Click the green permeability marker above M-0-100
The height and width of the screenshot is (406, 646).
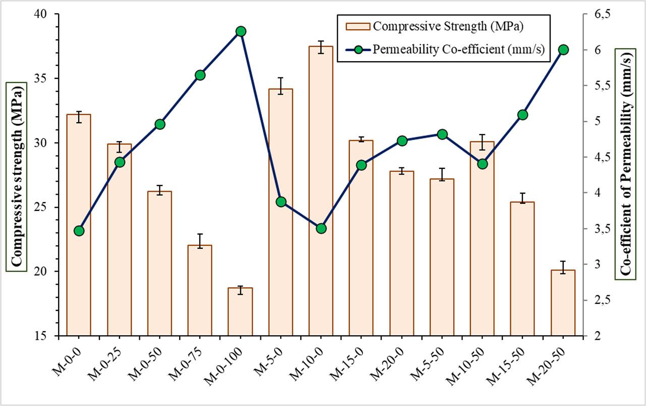pos(241,31)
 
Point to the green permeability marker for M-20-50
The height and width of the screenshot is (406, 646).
pos(564,50)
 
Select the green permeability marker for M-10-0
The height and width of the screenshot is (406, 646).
pos(321,229)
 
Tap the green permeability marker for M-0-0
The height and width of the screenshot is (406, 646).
pos(79,231)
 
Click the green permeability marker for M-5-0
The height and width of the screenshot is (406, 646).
pos(281,202)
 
